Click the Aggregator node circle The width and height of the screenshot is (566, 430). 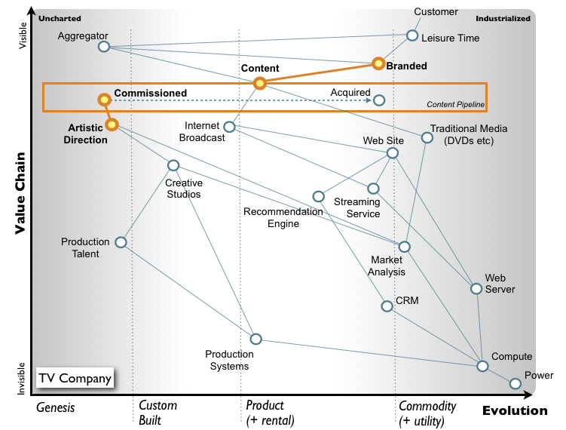point(104,47)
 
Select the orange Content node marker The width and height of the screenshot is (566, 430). point(259,83)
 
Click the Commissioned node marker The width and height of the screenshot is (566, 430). point(104,100)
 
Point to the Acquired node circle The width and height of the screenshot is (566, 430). point(379,100)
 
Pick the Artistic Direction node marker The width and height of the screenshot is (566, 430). point(112,124)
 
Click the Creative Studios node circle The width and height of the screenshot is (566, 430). point(173,165)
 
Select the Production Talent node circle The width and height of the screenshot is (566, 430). point(120,242)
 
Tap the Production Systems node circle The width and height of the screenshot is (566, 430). point(255,339)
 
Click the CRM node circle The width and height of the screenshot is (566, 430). point(387,306)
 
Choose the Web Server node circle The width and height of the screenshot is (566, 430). point(476,289)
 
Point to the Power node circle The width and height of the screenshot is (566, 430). point(516,383)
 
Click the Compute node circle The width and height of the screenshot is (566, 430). point(482,366)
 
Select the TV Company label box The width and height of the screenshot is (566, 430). point(76,378)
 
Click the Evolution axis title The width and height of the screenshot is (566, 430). point(515,410)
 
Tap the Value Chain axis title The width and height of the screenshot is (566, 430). point(20,192)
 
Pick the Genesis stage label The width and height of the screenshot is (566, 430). point(57,407)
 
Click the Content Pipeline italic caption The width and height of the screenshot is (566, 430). point(455,104)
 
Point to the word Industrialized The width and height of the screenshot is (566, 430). point(503,17)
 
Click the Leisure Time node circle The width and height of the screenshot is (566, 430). point(412,35)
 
